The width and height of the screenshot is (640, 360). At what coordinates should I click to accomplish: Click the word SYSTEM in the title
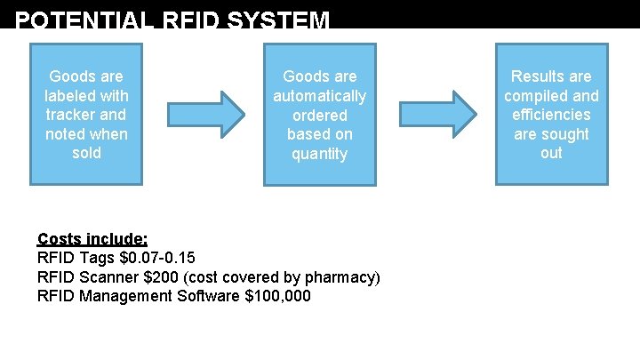point(279,20)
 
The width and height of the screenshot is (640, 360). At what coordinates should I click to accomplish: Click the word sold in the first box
point(86,153)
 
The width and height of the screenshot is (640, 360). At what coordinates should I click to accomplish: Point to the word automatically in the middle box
point(319,96)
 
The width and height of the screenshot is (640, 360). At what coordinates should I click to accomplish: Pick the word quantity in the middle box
point(319,154)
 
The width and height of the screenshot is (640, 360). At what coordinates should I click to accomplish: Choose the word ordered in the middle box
point(319,116)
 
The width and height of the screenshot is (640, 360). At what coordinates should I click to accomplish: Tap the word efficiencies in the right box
point(551,115)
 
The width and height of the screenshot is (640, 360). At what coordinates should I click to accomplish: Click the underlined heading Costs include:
point(92,239)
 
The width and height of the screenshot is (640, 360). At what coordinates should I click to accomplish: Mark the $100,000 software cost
point(277,296)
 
